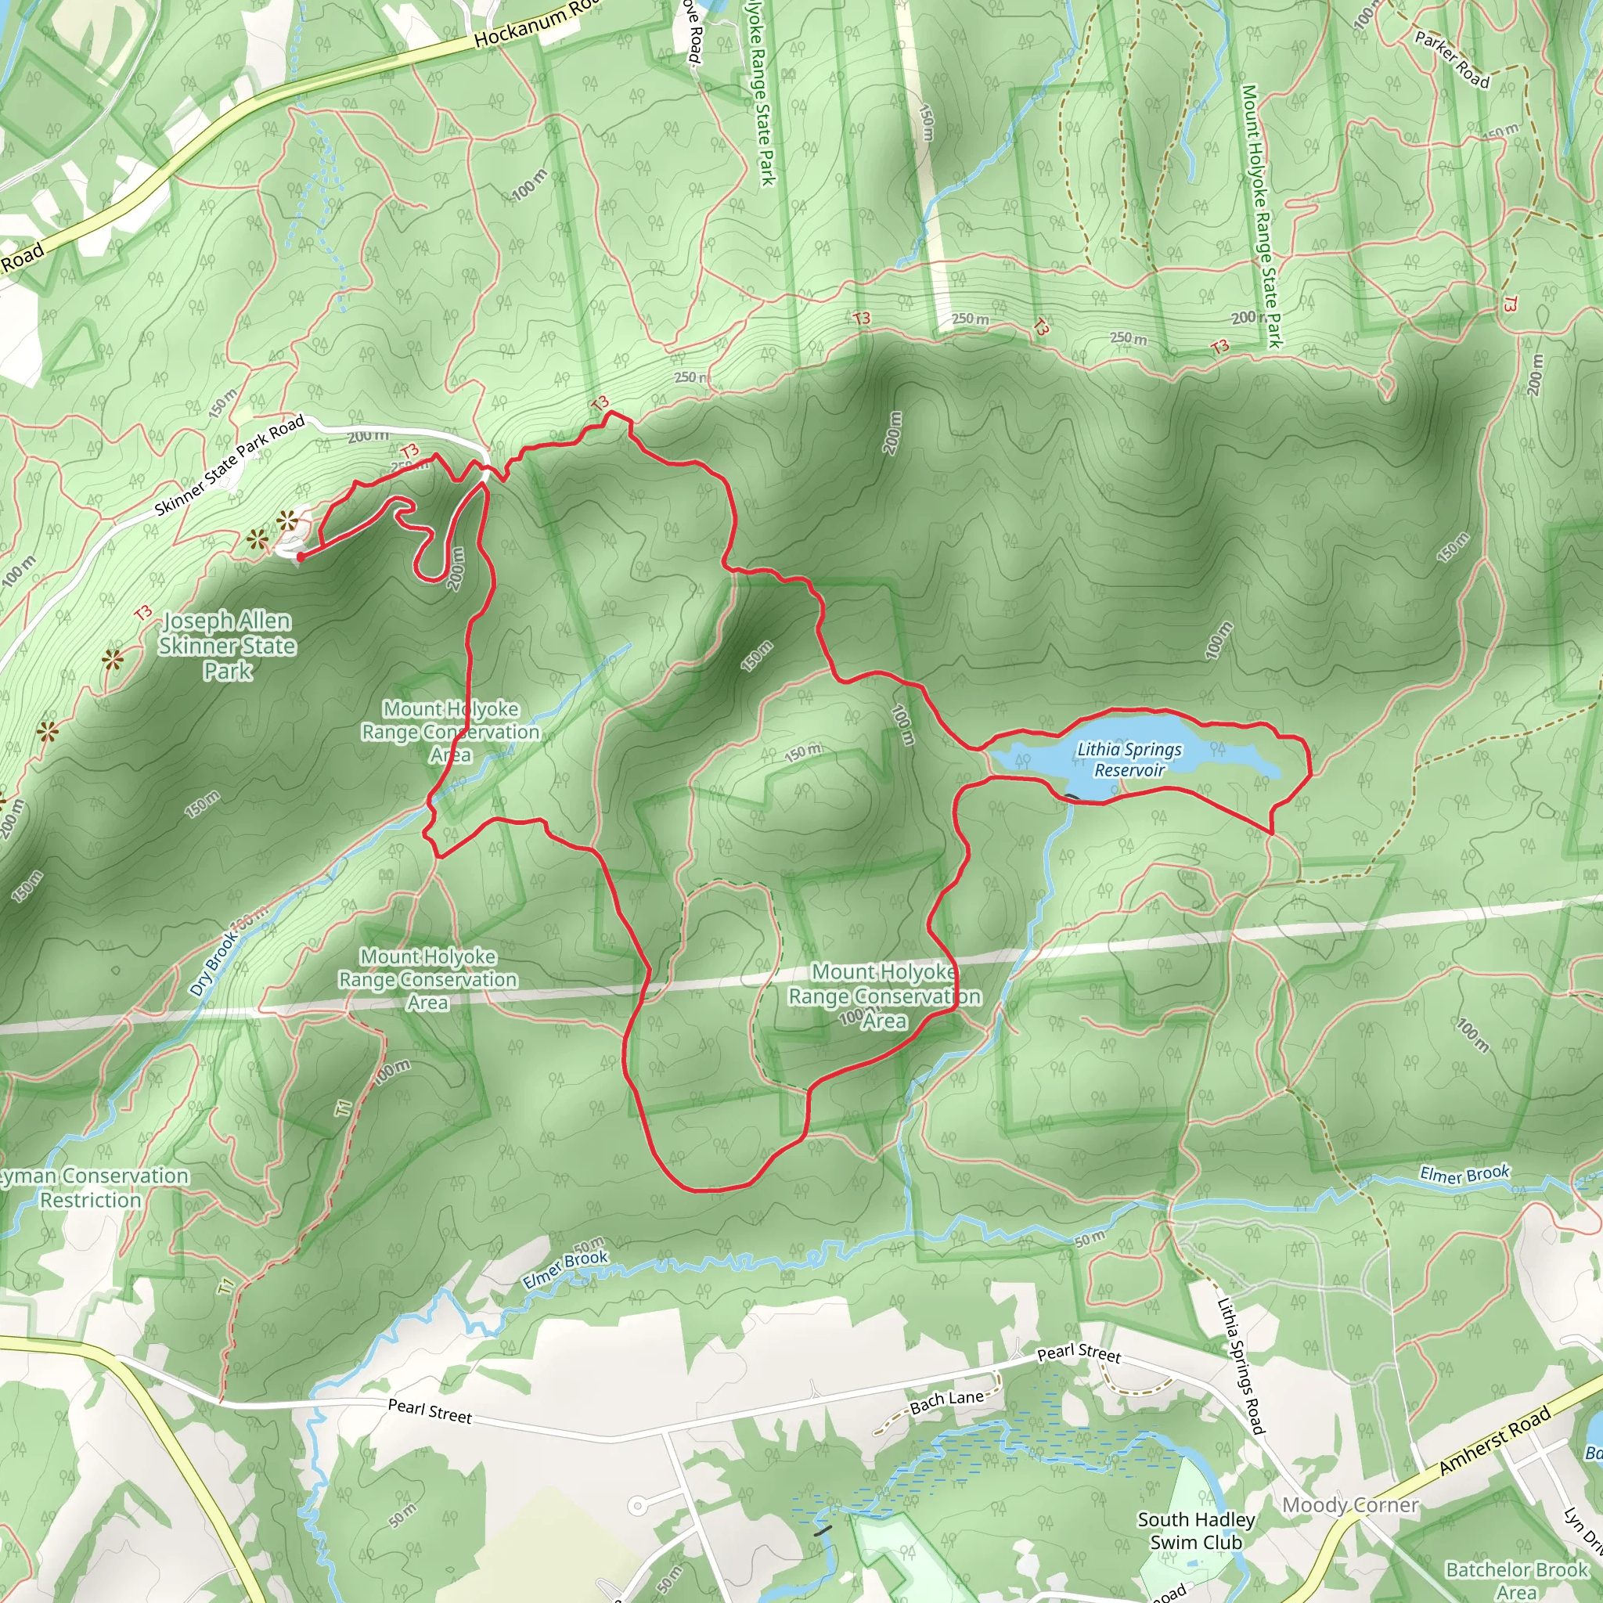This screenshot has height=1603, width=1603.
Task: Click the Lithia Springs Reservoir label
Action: (1129, 759)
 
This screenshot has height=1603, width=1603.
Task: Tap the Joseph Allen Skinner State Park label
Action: (227, 646)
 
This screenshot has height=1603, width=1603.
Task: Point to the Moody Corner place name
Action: (1350, 1505)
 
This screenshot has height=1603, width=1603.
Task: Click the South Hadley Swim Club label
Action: (1196, 1531)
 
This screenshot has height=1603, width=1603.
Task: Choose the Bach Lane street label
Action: (947, 1401)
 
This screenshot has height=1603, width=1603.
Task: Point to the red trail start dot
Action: (301, 557)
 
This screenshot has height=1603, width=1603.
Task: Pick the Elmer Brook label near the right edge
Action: (1464, 1174)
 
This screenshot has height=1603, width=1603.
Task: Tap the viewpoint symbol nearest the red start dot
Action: (287, 522)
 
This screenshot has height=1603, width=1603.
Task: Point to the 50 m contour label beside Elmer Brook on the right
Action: (1090, 1239)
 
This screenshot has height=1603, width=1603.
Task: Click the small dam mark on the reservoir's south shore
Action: (1072, 798)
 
